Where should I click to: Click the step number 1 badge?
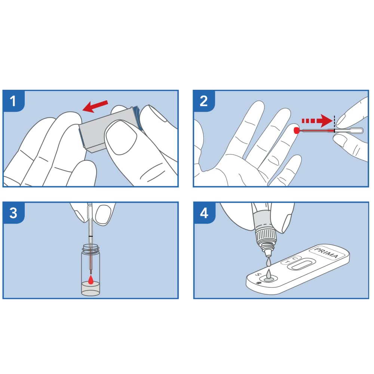(13, 101)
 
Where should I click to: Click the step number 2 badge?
(204, 101)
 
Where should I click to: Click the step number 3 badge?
(13, 213)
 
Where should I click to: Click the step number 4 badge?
(204, 213)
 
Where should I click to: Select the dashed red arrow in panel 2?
(317, 120)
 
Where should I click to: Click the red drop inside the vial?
(91, 280)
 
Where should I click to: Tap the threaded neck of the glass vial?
(91, 248)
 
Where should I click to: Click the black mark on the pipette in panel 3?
(91, 236)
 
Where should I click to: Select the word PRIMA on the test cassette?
(326, 253)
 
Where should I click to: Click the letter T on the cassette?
(288, 262)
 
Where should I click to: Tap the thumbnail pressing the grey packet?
(121, 140)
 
